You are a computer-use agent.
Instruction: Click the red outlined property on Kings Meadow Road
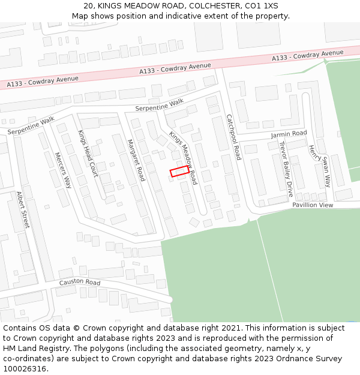point(179,172)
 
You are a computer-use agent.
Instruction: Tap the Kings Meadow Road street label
point(184,157)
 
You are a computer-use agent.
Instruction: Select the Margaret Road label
point(136,160)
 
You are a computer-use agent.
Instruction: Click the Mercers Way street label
point(63,170)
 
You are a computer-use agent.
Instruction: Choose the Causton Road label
point(79,282)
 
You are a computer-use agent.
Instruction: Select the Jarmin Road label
point(289,134)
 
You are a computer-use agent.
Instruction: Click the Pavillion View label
point(312,205)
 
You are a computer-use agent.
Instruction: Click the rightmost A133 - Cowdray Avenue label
point(307,55)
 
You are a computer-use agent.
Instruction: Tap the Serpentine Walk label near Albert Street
point(31,125)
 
